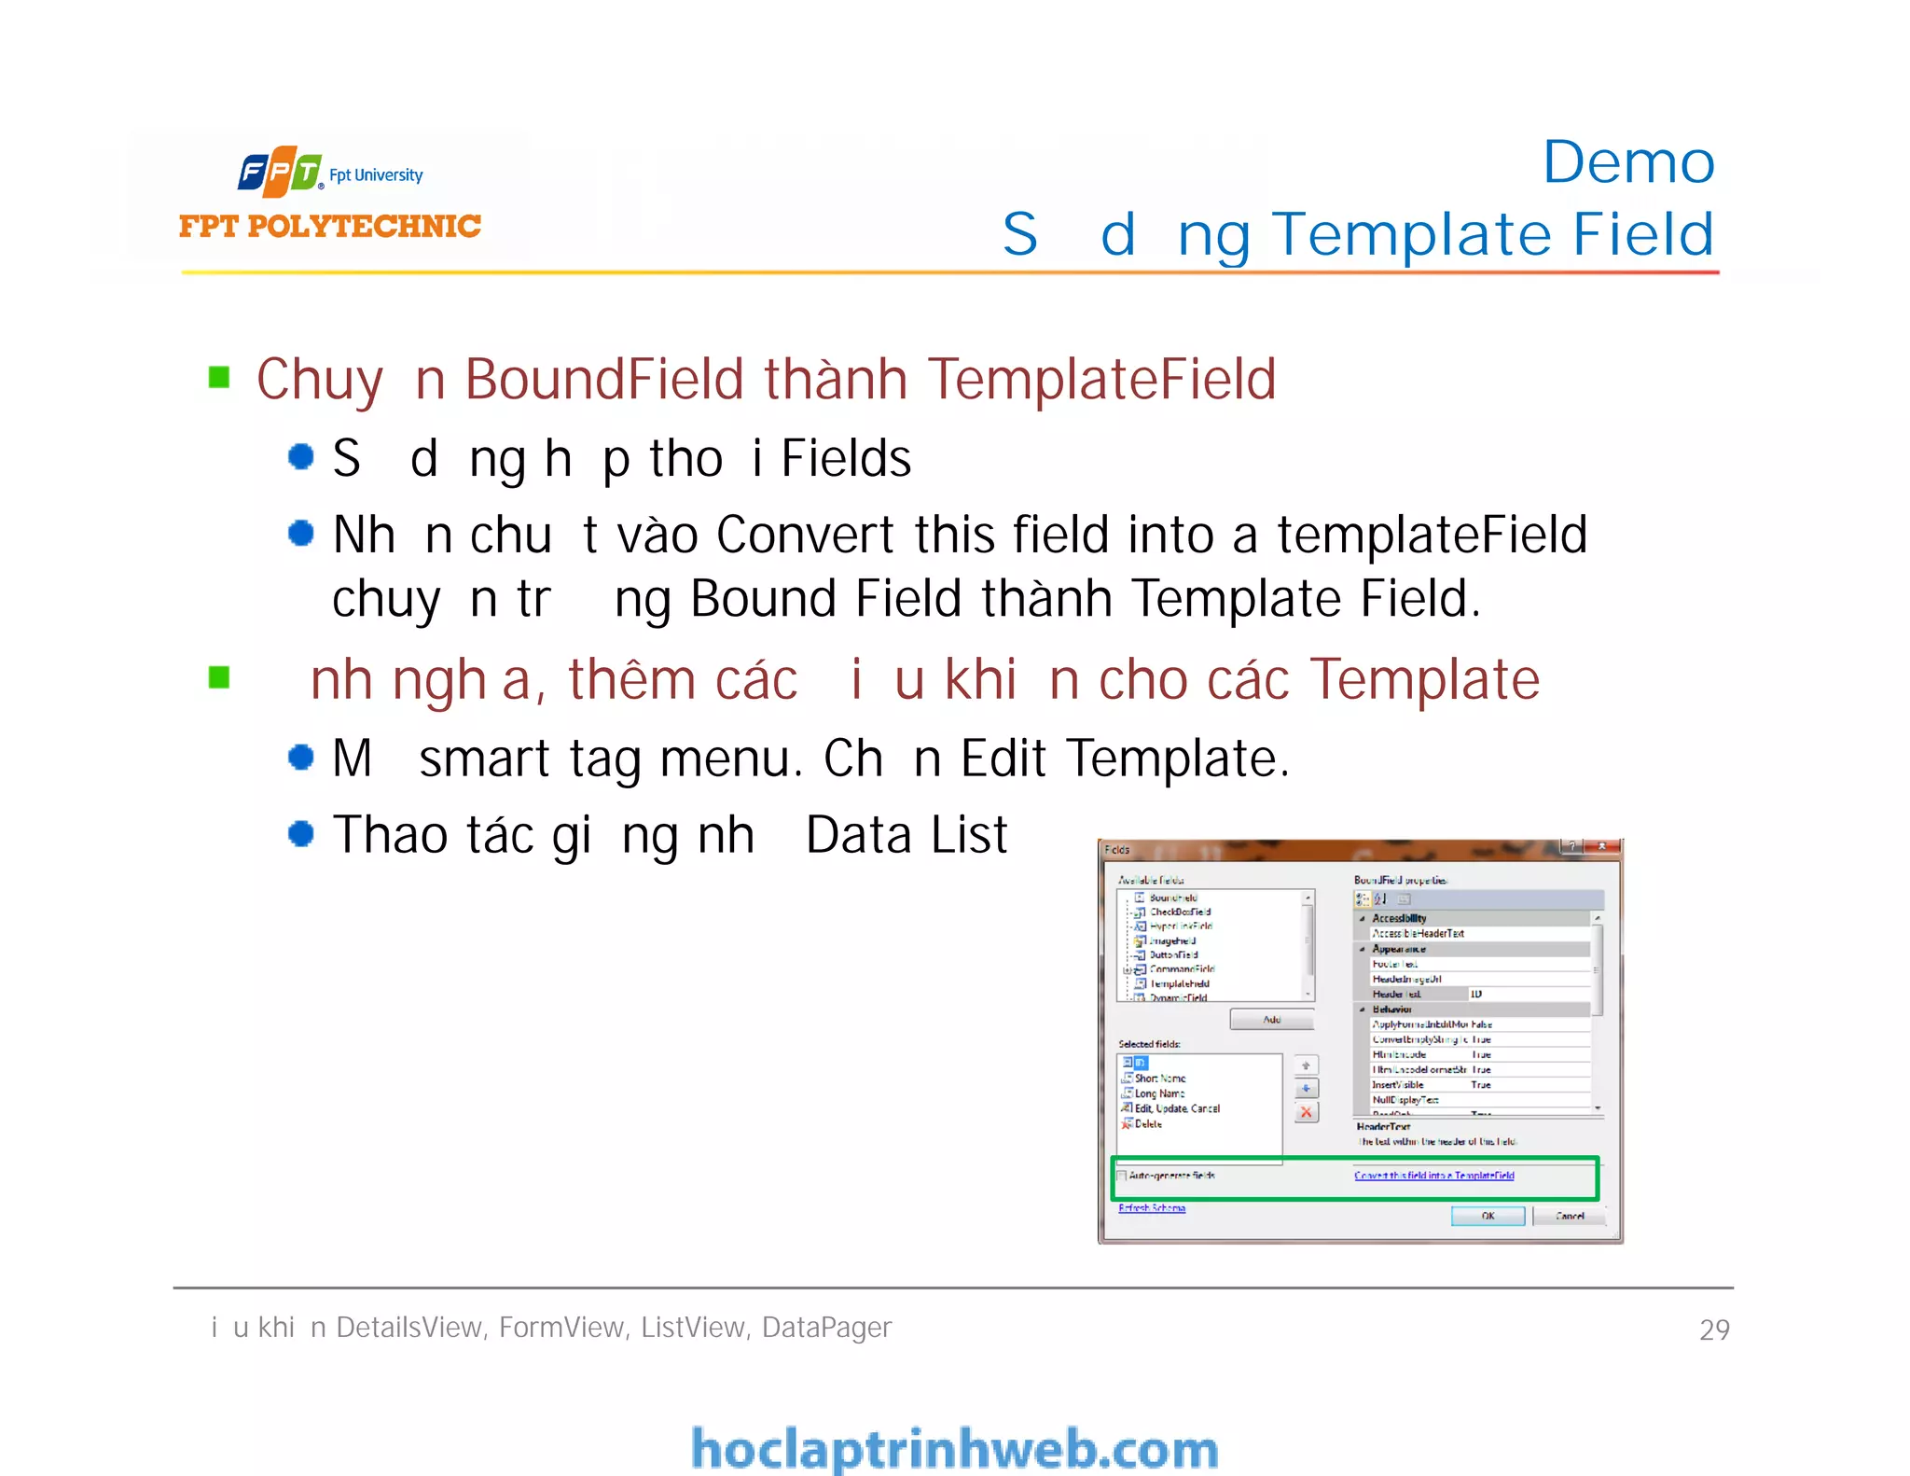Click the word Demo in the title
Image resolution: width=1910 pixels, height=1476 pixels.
[1628, 162]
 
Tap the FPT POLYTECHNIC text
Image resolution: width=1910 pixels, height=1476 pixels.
[330, 226]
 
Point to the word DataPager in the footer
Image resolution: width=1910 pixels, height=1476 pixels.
[826, 1327]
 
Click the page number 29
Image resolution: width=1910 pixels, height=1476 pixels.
[1714, 1330]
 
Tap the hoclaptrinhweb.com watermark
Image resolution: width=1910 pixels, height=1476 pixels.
[955, 1449]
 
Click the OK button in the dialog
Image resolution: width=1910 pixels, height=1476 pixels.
[1488, 1216]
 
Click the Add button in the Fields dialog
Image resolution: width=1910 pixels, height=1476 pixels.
[1271, 1020]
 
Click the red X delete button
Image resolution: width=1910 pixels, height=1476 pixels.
[1307, 1112]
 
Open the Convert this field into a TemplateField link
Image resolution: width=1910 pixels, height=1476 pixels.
[1434, 1176]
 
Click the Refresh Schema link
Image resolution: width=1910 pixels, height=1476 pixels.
[1152, 1208]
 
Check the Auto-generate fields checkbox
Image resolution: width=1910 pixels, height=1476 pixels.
[1123, 1176]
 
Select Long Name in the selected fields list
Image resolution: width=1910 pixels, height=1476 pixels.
[1159, 1093]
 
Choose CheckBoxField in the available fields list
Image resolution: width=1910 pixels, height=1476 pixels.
[1180, 912]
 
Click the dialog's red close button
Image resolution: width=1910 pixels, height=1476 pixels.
[1602, 847]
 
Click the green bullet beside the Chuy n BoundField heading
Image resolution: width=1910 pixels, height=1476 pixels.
[219, 377]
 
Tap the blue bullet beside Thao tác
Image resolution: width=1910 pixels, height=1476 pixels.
[300, 833]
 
